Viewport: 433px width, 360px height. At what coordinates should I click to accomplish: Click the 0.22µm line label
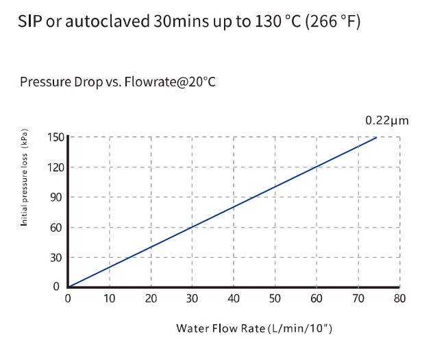point(386,121)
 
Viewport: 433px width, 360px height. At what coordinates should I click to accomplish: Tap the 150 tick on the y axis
point(55,137)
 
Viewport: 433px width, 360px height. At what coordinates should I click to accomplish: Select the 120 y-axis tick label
point(55,167)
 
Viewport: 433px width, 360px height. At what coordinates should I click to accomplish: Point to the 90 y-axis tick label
point(58,197)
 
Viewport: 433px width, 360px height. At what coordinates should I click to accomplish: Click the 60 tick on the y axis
point(58,228)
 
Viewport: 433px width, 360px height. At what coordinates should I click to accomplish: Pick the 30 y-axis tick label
point(58,258)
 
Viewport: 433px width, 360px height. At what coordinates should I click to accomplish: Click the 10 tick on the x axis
point(110,299)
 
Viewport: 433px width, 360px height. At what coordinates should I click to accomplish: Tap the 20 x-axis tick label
point(151,299)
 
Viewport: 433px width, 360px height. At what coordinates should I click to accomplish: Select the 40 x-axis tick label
point(234,299)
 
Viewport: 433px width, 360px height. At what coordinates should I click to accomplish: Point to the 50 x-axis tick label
point(275,299)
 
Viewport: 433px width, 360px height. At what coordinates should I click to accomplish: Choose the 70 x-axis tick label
point(358,299)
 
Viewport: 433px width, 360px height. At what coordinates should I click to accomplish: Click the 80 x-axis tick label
point(400,299)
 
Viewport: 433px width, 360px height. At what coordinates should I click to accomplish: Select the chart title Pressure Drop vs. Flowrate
point(118,82)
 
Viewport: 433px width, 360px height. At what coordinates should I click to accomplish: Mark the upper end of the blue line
point(377,138)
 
